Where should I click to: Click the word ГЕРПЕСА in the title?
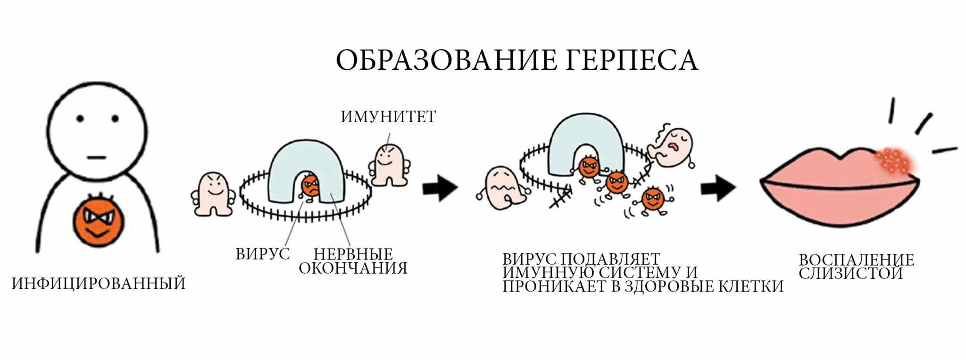point(631,60)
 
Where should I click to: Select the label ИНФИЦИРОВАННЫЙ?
point(99,284)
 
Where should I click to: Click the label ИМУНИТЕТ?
point(388,117)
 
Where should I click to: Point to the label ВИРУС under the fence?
point(263,254)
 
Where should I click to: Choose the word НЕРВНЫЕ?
point(353,254)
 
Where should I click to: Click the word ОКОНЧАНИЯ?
point(353,268)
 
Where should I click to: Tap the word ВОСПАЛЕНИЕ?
point(856,260)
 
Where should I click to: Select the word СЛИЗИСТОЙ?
point(850,273)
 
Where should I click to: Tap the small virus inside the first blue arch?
point(311,186)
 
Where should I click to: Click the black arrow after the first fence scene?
point(440,188)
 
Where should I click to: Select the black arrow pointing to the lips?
point(717,188)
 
